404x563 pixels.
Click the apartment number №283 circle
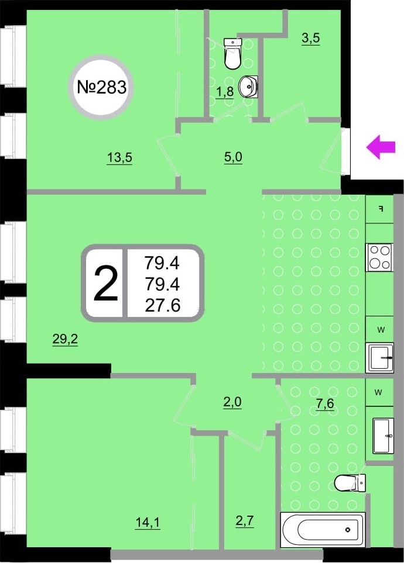101,86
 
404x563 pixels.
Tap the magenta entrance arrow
381,147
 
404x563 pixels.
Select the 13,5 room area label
119,158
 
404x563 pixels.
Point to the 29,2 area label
65,339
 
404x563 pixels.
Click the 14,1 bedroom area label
148,523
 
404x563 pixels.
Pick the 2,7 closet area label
245,520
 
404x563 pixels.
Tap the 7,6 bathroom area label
325,403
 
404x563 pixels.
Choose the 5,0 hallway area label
233,157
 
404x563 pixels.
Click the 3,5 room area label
310,38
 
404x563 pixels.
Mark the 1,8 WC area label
225,92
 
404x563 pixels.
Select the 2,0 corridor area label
232,402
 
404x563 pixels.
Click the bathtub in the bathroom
323,530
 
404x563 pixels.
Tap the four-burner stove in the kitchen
379,257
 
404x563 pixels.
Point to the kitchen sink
379,358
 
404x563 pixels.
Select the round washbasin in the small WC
249,86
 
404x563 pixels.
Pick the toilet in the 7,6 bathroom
350,482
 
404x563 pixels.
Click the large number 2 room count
106,284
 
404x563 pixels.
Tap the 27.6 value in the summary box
163,306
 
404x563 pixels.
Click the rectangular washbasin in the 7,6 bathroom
384,435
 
